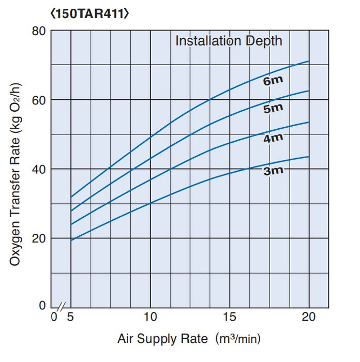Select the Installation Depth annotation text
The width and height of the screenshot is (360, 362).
pyautogui.click(x=229, y=40)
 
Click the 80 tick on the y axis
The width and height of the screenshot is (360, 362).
pyautogui.click(x=40, y=31)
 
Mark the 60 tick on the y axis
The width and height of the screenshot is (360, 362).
pyautogui.click(x=40, y=100)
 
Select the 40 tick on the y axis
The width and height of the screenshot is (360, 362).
pyautogui.click(x=40, y=169)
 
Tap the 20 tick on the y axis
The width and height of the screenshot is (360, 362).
pyautogui.click(x=40, y=238)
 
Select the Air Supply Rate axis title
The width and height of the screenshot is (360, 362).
pyautogui.click(x=189, y=339)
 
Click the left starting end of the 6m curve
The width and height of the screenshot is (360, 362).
pyautogui.click(x=71, y=197)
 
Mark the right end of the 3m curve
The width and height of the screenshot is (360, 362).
pyautogui.click(x=309, y=157)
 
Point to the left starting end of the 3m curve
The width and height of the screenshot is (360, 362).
pyautogui.click(x=71, y=240)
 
